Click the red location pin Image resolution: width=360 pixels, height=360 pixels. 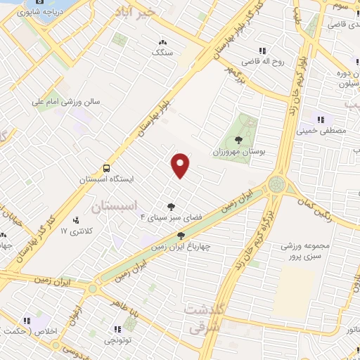click(x=181, y=165)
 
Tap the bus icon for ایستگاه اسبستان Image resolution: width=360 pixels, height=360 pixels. click(x=106, y=168)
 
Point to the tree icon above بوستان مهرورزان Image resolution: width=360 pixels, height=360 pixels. click(x=236, y=139)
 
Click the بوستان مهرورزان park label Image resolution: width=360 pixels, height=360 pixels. click(x=235, y=151)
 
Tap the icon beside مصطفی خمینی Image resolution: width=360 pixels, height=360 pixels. click(x=321, y=119)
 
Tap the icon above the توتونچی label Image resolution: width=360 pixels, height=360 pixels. click(x=117, y=329)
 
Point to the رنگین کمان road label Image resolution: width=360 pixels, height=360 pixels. click(x=343, y=211)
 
